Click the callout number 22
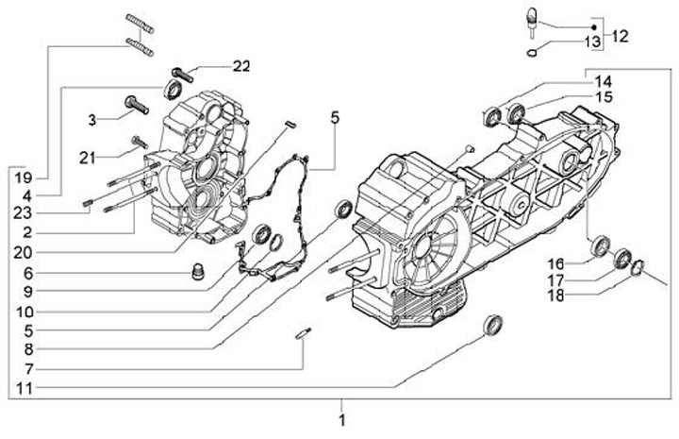point(241,66)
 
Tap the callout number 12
point(620,37)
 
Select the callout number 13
point(593,42)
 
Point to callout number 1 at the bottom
point(342,420)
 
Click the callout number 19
point(24,177)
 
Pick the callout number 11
point(25,388)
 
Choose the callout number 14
point(603,81)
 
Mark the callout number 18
point(556,296)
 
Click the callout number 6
point(27,274)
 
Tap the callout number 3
point(91,120)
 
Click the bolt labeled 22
point(182,76)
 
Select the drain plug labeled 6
point(197,272)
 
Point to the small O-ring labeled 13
point(532,53)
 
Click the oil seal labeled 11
point(493,325)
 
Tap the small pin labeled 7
point(303,333)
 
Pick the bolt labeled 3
point(137,105)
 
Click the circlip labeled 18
point(638,267)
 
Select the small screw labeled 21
point(139,142)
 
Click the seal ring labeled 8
point(345,210)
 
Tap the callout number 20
point(23,253)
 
